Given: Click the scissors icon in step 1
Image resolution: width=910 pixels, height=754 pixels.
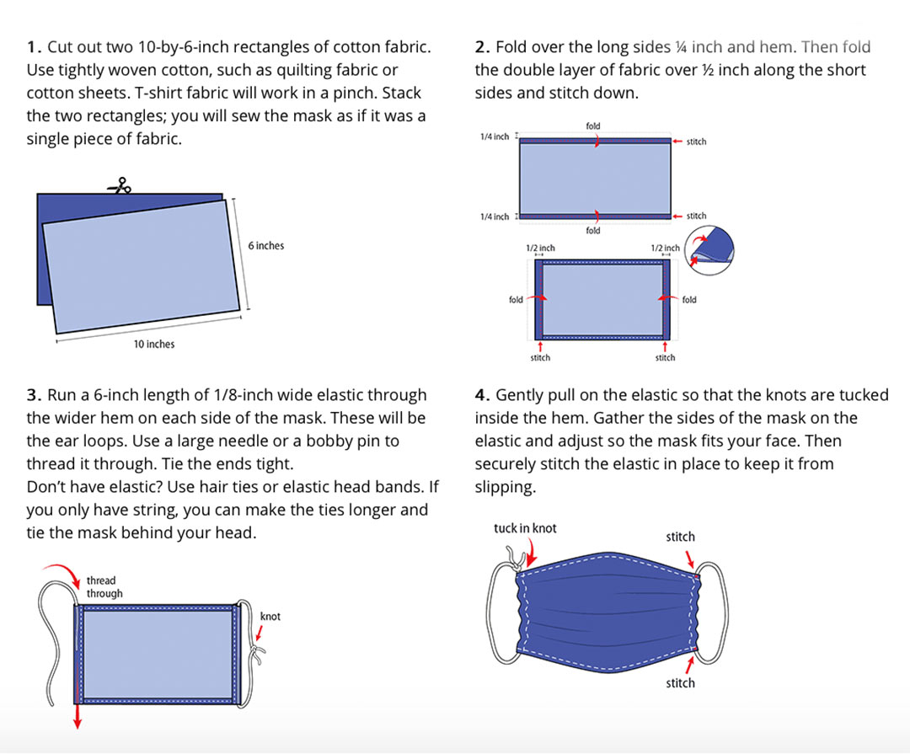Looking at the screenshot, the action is pyautogui.click(x=120, y=185).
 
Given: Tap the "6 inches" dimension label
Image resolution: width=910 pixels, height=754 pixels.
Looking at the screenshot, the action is pyautogui.click(x=266, y=245).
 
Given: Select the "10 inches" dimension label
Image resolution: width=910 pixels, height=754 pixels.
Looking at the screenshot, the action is pyautogui.click(x=154, y=345).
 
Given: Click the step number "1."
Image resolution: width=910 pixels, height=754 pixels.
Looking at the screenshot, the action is pyautogui.click(x=35, y=47).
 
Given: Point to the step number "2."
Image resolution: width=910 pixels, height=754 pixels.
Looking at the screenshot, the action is pyautogui.click(x=483, y=47).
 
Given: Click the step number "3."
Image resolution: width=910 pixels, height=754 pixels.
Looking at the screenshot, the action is pyautogui.click(x=35, y=395).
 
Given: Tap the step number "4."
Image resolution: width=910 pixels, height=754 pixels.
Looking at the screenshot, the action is pyautogui.click(x=483, y=395).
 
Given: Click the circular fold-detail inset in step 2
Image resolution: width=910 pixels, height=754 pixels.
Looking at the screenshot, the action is pyautogui.click(x=709, y=250).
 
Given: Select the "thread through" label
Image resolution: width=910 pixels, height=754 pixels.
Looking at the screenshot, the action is pyautogui.click(x=104, y=587).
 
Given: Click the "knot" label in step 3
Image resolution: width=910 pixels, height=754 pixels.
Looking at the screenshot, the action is pyautogui.click(x=270, y=617).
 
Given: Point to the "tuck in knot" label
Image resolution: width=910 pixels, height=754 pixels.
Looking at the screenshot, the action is pyautogui.click(x=525, y=528).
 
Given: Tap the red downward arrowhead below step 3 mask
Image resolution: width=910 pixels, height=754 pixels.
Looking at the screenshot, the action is pyautogui.click(x=77, y=723).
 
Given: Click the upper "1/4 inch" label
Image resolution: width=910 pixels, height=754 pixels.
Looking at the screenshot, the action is pyautogui.click(x=495, y=136).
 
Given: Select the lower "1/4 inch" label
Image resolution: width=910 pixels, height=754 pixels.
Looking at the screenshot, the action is pyautogui.click(x=495, y=217).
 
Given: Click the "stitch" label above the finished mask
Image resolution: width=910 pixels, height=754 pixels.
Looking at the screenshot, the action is pyautogui.click(x=680, y=537).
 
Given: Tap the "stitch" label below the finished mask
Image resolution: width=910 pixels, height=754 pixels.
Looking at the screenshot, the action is pyautogui.click(x=680, y=683).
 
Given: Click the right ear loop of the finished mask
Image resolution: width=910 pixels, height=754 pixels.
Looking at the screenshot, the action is pyautogui.click(x=712, y=612).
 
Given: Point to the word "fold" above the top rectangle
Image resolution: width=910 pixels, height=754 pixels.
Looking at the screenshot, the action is pyautogui.click(x=593, y=126).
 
